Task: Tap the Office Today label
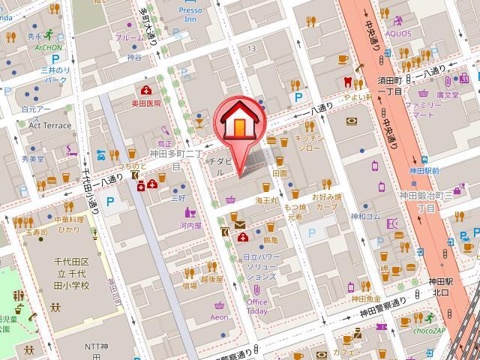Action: [256, 306]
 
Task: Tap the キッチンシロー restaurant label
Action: [308, 142]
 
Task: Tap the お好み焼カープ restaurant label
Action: [326, 201]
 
